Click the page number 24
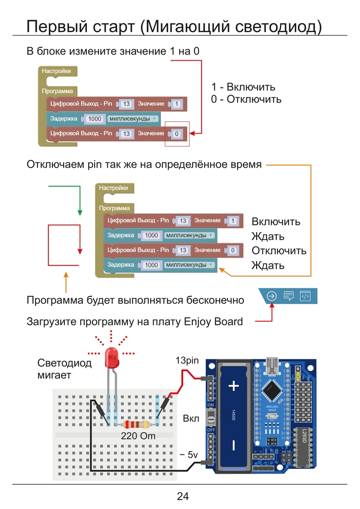(x=183, y=496)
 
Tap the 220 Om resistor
(x=137, y=425)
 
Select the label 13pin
(x=187, y=360)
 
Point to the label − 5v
(x=188, y=455)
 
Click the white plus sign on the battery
(x=234, y=386)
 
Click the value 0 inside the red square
(x=176, y=134)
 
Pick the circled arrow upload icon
(x=272, y=296)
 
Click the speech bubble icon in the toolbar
(x=289, y=296)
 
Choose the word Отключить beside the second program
(x=279, y=251)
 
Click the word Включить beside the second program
(x=276, y=222)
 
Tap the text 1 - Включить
(x=243, y=87)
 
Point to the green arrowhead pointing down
(x=80, y=212)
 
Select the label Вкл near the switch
(x=191, y=419)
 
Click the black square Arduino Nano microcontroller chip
(x=272, y=392)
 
